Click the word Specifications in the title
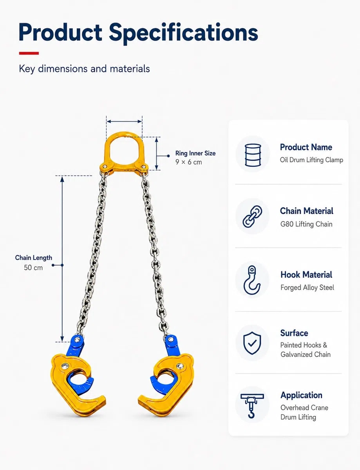tap(183, 33)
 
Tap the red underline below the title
tap(29, 53)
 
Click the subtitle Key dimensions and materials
tap(84, 69)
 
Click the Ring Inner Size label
tap(195, 153)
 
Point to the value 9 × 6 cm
tap(188, 162)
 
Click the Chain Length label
tap(34, 258)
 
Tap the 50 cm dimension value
tap(33, 268)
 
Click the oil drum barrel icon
tap(253, 155)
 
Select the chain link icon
tap(252, 217)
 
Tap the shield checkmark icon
tap(252, 343)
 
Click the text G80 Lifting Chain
tap(306, 224)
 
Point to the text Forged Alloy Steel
tap(307, 287)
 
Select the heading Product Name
tap(306, 147)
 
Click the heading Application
tap(301, 395)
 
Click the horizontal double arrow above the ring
tap(124, 121)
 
